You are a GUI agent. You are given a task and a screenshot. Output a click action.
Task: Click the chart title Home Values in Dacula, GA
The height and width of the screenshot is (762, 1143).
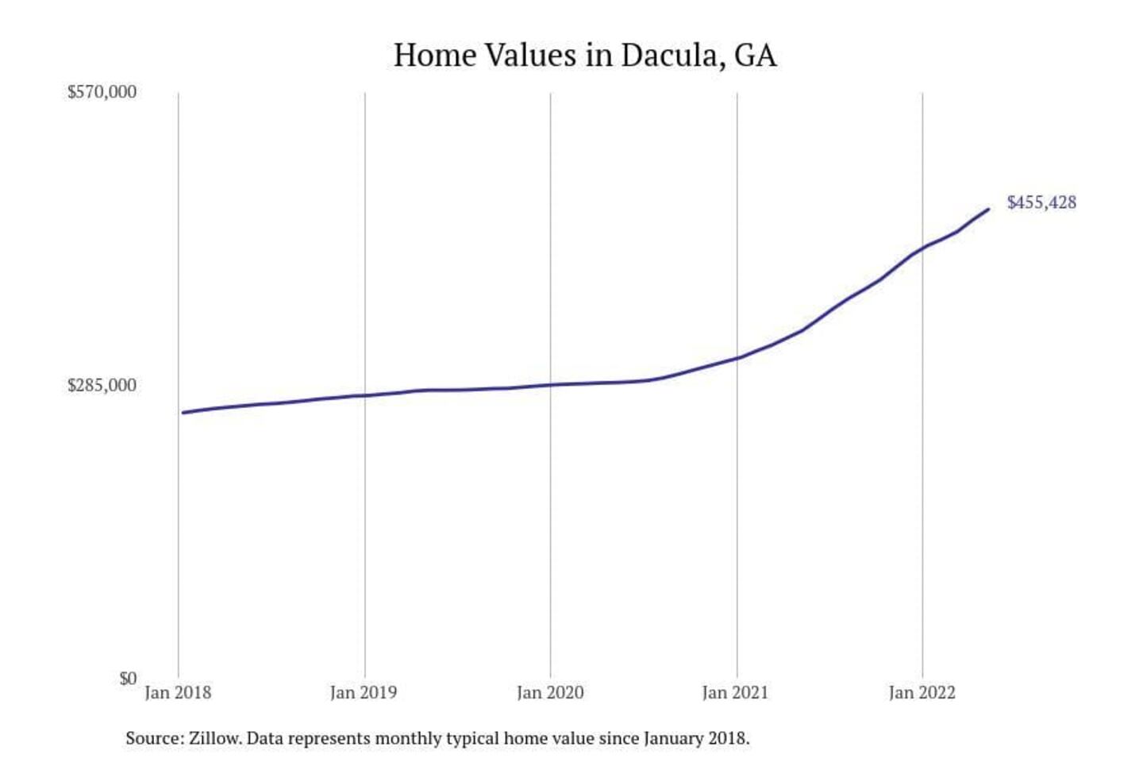click(585, 56)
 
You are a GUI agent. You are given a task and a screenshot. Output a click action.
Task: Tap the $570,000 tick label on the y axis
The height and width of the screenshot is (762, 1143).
click(102, 92)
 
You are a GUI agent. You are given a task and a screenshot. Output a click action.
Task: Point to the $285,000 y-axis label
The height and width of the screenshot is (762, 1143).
click(102, 385)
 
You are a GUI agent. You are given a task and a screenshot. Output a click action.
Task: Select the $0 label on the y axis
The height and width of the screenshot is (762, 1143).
click(128, 679)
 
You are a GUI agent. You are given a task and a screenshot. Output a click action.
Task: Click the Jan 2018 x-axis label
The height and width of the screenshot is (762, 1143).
click(178, 693)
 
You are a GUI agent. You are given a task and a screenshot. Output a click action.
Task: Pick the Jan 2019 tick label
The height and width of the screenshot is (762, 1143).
click(364, 693)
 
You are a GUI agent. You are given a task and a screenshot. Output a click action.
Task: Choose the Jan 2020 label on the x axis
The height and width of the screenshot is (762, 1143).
click(550, 693)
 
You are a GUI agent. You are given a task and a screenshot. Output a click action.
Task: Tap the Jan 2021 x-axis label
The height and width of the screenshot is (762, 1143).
click(736, 693)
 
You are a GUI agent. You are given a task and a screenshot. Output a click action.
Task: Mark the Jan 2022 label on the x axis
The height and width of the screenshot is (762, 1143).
click(922, 693)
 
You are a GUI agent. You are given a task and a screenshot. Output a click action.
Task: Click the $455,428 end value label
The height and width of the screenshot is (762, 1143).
click(1041, 202)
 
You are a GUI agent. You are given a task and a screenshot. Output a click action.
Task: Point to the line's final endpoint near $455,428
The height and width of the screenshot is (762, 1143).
click(988, 210)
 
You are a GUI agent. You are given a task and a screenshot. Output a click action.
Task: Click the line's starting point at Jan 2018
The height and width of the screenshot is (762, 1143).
click(183, 413)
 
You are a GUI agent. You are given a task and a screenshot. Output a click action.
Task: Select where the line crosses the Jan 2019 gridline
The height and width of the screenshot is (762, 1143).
click(365, 395)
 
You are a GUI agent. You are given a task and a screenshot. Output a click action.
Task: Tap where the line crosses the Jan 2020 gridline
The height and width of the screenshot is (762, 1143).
click(551, 385)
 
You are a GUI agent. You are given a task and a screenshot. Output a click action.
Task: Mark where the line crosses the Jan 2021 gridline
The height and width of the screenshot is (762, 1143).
click(737, 358)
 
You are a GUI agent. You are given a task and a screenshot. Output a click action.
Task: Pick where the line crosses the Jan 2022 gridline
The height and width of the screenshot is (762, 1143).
click(922, 248)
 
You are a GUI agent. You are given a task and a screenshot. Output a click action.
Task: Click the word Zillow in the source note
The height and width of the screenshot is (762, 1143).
click(214, 738)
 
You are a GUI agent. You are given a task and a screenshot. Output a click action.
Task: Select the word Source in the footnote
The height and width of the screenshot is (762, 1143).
click(153, 738)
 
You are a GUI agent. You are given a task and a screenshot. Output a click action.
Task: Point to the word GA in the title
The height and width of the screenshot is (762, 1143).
click(756, 56)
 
